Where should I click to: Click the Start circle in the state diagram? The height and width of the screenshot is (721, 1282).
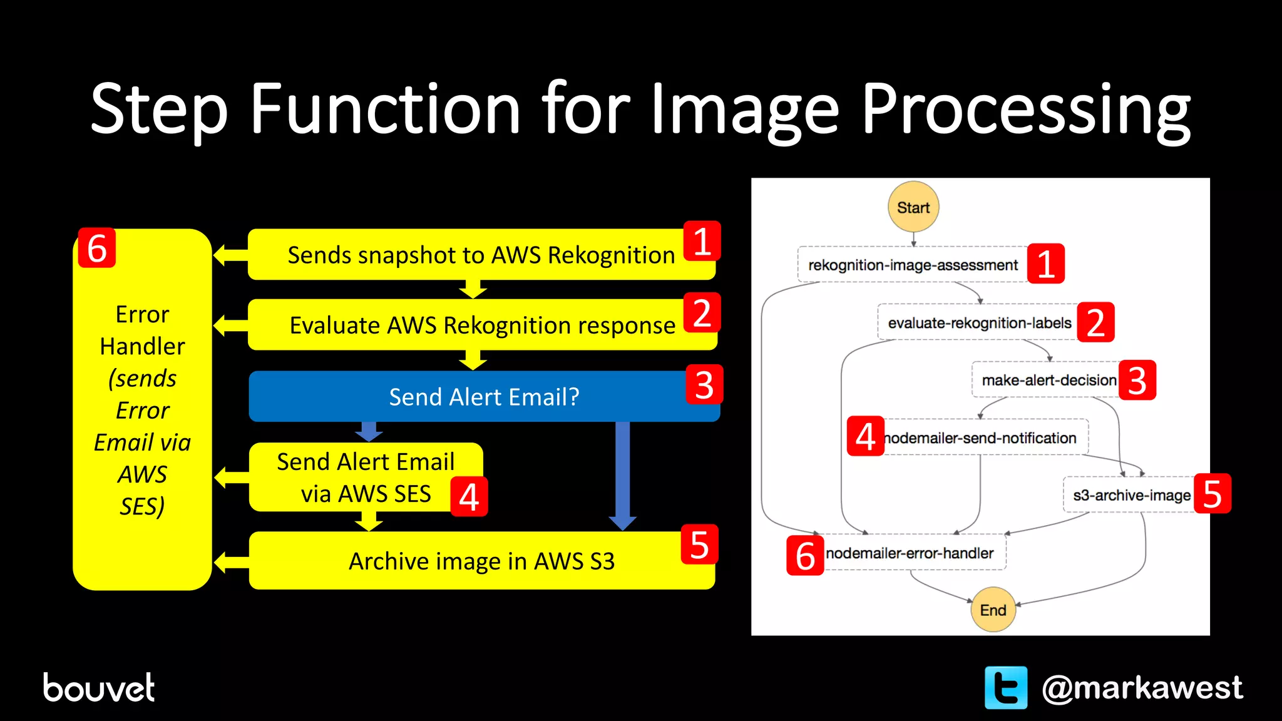tap(913, 207)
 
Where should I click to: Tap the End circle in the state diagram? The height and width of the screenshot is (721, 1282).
tap(993, 610)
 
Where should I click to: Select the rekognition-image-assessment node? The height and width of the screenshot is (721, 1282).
tap(913, 265)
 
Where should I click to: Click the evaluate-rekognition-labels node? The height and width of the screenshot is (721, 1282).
tap(979, 323)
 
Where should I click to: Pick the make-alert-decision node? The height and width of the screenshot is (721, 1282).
tap(1049, 380)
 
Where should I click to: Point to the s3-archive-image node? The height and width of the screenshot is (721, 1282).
tap(1131, 495)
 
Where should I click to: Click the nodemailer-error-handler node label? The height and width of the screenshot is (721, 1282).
tap(910, 553)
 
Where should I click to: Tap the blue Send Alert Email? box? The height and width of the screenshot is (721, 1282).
tap(484, 397)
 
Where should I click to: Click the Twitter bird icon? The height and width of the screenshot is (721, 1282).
tap(1005, 687)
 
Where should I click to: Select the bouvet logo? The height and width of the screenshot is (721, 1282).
tap(99, 687)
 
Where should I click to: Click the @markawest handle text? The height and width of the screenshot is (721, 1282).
tap(1141, 687)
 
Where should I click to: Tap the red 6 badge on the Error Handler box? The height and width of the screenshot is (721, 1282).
tap(96, 248)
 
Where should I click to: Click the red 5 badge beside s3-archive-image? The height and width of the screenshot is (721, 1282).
tap(1212, 494)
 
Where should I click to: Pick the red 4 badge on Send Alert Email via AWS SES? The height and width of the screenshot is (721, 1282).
tap(469, 498)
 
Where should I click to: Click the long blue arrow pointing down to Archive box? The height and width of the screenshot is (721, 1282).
tap(622, 473)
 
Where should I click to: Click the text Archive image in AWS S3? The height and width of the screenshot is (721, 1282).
tap(481, 561)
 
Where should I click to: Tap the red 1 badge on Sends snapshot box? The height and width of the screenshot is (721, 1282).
tap(702, 241)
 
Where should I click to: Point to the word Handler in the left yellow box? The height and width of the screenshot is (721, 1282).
tap(142, 346)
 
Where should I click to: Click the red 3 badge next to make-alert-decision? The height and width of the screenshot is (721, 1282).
tap(1137, 381)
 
